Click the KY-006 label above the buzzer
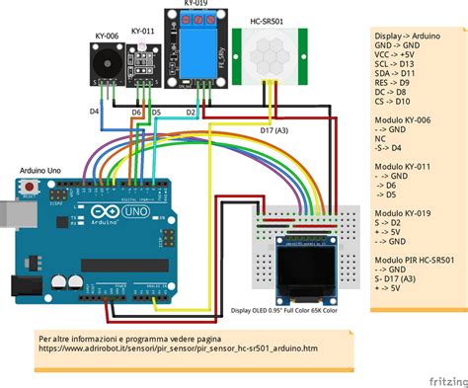pos(108,36)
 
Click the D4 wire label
pos(95,112)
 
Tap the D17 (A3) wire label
pos(275,130)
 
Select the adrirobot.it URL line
pos(178,349)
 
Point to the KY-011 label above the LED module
pos(143,32)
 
